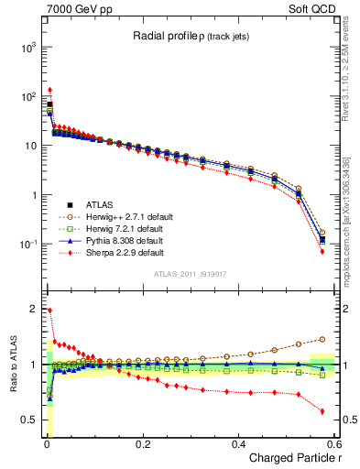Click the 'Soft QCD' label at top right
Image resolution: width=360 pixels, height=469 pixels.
coord(311,7)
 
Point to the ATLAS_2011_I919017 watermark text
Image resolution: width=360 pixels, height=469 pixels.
coord(190,274)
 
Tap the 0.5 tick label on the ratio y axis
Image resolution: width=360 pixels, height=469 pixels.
coord(28,420)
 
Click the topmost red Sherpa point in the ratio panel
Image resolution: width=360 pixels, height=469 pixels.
coord(49,311)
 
